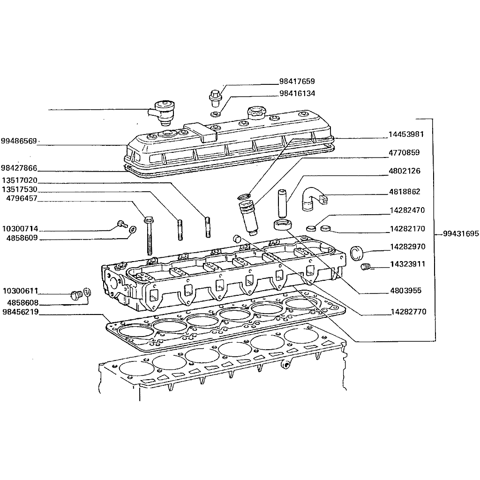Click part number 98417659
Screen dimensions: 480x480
297,82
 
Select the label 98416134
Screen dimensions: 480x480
297,93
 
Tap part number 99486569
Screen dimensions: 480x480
19,141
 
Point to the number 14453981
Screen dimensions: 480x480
406,135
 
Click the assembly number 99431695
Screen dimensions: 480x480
461,234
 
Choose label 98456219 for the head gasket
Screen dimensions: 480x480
21,312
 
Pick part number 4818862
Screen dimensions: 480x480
405,192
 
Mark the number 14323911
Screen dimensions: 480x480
408,264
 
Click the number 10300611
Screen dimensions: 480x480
21,291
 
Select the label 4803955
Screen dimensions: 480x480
405,291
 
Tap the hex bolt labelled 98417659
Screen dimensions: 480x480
215,97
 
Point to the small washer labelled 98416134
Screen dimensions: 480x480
216,114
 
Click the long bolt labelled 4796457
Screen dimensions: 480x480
149,235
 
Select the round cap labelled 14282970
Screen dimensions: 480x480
356,253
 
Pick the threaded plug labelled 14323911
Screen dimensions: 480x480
366,267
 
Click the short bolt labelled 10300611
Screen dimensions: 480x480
76,295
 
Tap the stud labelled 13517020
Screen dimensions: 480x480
208,227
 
